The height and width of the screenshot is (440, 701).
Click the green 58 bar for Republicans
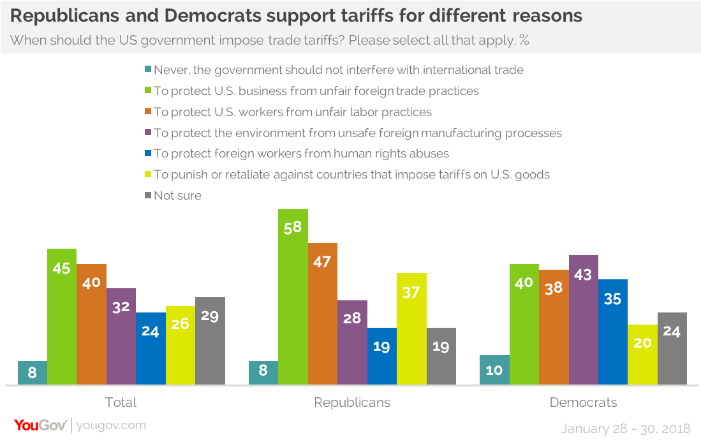pyautogui.click(x=293, y=297)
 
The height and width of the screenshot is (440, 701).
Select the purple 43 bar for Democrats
pyautogui.click(x=583, y=319)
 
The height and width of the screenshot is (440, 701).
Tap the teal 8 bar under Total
pyautogui.click(x=33, y=372)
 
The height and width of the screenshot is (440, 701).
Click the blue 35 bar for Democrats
pyautogui.click(x=612, y=332)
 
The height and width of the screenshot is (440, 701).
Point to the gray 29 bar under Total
pyautogui.click(x=210, y=341)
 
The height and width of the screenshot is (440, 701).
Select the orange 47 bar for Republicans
pyautogui.click(x=323, y=313)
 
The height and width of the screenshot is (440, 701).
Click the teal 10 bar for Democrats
pyautogui.click(x=494, y=370)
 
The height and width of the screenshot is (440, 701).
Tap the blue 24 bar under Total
pyautogui.click(x=151, y=348)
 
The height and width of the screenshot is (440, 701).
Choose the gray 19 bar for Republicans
pyautogui.click(x=441, y=356)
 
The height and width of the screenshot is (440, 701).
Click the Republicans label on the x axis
pyautogui.click(x=352, y=402)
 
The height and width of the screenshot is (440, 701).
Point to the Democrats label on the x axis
pyautogui.click(x=583, y=402)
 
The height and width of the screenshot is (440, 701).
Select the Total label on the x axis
pyautogui.click(x=121, y=402)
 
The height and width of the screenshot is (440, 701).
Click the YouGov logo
pyautogui.click(x=40, y=425)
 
